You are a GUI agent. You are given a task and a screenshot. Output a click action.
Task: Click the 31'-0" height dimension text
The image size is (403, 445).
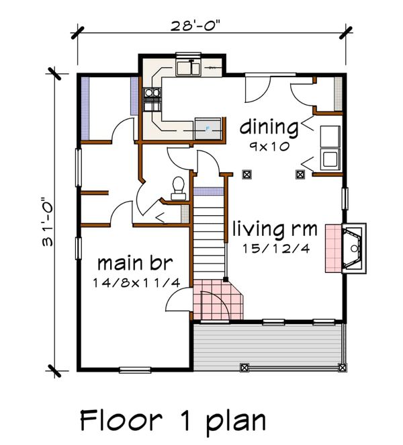pos(48,222)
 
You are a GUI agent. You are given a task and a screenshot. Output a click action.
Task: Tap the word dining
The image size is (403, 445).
pos(269,126)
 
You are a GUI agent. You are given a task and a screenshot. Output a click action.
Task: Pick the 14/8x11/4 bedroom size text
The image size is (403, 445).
pos(136,282)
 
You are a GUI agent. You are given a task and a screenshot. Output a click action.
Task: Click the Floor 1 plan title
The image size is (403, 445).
pos(173,421)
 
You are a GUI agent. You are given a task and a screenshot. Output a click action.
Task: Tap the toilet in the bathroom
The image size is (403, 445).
pos(178,186)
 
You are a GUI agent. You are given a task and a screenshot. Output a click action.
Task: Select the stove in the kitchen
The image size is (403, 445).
pos(152,99)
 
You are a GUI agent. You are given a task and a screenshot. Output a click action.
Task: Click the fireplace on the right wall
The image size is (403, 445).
pos(353,248)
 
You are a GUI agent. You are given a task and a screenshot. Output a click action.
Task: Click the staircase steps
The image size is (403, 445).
pos(209,242)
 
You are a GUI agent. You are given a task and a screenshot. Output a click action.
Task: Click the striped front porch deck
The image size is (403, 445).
pos(269,345)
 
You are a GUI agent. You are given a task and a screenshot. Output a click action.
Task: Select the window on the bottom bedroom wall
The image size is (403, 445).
pos(135,369)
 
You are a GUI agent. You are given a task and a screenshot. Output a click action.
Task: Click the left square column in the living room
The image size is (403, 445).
pos(247,175)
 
